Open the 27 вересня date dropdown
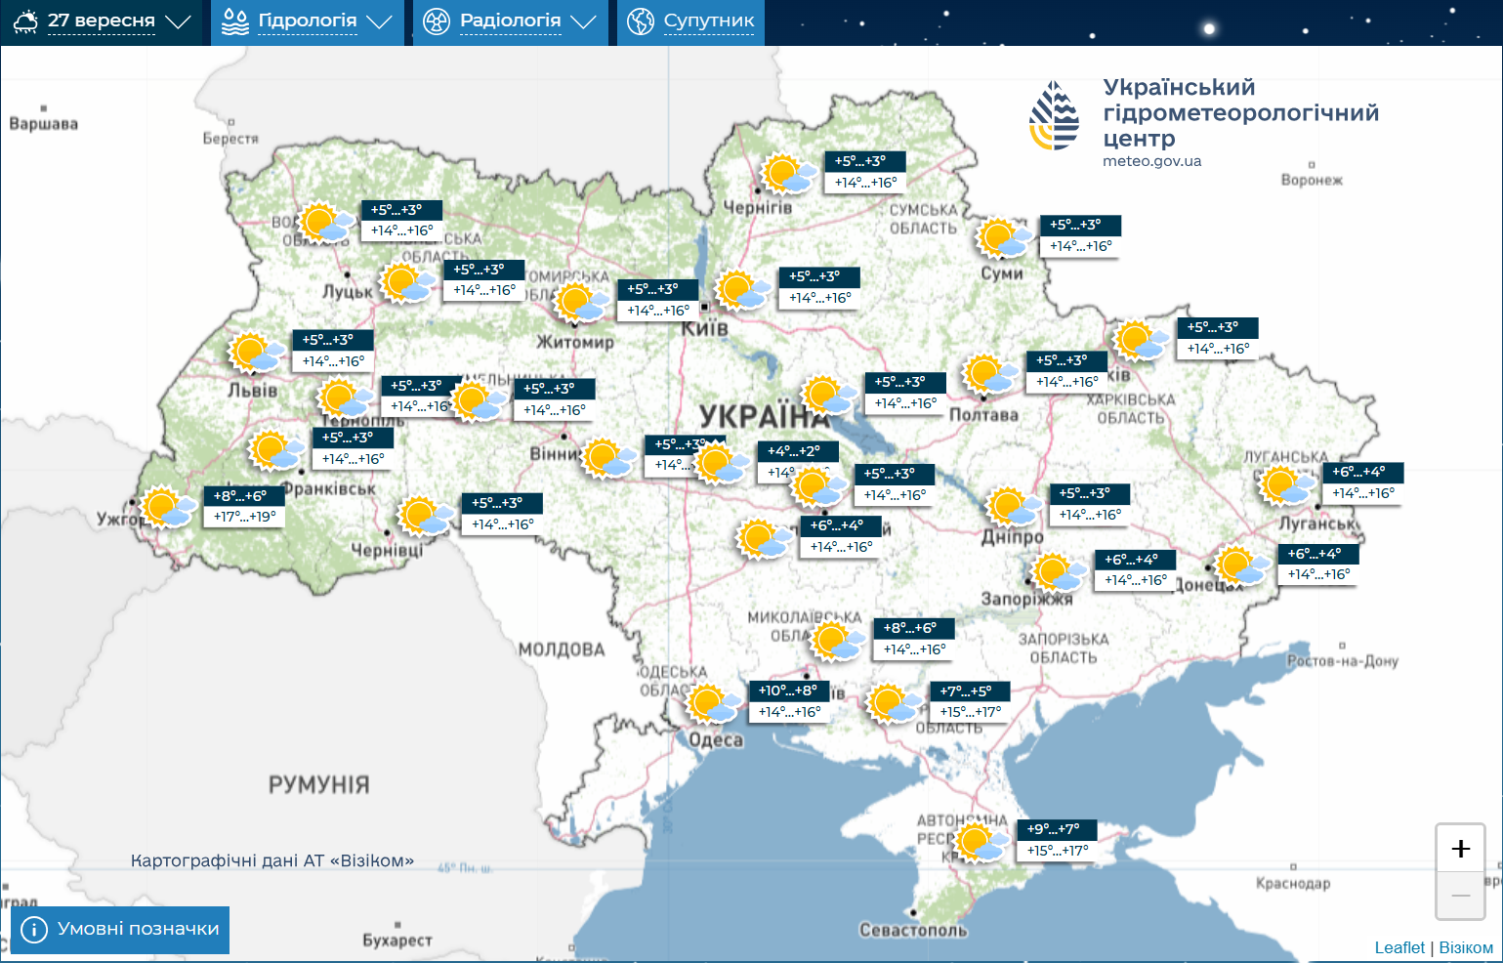click(x=102, y=21)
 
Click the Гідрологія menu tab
click(x=307, y=21)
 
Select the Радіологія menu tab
click(x=510, y=21)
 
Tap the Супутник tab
click(x=690, y=21)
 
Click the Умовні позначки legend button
click(x=120, y=929)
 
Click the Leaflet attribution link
click(x=1399, y=947)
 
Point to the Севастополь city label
click(x=912, y=930)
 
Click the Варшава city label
click(x=43, y=124)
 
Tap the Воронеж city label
click(x=1312, y=180)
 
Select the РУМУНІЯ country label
click(x=318, y=785)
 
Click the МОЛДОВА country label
click(x=562, y=649)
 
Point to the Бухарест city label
click(x=397, y=940)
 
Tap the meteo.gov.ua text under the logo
click(x=1151, y=161)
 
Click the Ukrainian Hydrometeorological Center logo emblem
click(x=1054, y=115)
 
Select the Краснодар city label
click(x=1292, y=883)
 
